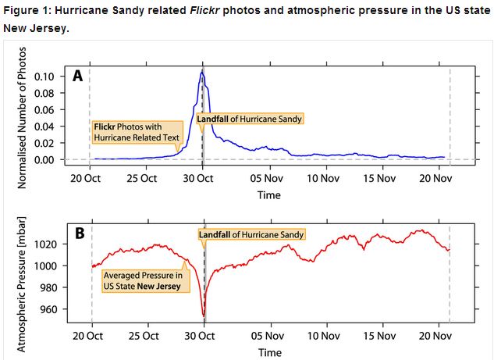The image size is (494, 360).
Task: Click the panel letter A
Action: (x=77, y=76)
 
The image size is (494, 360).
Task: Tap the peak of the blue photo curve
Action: (x=201, y=72)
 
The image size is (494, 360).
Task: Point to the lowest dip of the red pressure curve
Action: (x=204, y=315)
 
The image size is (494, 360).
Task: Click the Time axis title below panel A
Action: (x=269, y=195)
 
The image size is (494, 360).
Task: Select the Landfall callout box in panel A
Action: (x=248, y=119)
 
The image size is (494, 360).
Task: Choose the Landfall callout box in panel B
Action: (x=251, y=234)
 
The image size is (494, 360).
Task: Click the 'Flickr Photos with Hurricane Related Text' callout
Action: (x=137, y=131)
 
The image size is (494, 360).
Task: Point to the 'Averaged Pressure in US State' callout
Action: (x=142, y=281)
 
